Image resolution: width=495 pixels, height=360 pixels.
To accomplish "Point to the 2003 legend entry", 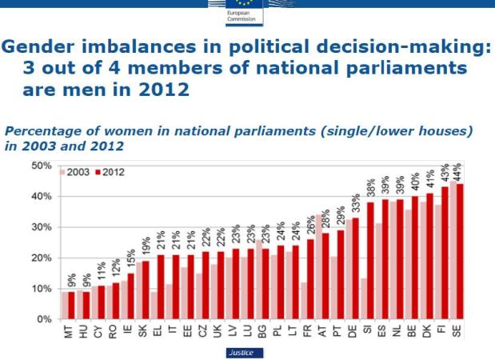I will pyautogui.click(x=77, y=172).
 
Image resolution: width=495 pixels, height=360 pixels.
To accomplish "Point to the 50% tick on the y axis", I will pyautogui.click(x=42, y=166).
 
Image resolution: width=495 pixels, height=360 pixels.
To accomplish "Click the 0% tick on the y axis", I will pyautogui.click(x=45, y=319).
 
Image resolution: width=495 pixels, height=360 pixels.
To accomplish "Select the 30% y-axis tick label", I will pyautogui.click(x=42, y=227).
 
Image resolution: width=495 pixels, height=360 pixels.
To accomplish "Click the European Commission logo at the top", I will pyautogui.click(x=241, y=10).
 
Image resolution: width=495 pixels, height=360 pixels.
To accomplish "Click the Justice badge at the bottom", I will pyautogui.click(x=242, y=351).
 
